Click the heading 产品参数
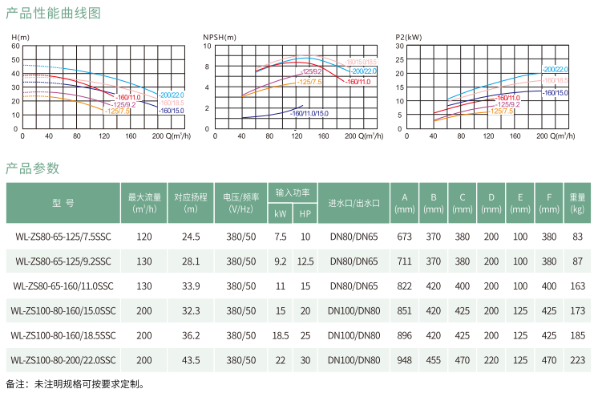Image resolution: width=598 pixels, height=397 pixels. click(x=32, y=168)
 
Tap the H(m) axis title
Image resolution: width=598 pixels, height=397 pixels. click(x=20, y=38)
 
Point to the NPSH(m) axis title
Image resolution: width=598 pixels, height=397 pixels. click(x=220, y=38)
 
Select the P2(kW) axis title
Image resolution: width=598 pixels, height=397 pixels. click(x=409, y=38)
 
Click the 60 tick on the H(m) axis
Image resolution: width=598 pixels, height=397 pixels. click(x=17, y=47)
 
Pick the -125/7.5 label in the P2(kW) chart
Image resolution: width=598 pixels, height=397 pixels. click(x=501, y=111)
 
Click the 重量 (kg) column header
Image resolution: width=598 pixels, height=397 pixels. click(x=577, y=202)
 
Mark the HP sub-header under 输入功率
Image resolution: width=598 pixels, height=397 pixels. click(x=305, y=214)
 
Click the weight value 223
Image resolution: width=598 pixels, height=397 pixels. click(x=577, y=360)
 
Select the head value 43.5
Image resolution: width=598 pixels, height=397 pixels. click(x=191, y=360)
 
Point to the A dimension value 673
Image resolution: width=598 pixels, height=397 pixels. click(x=404, y=237)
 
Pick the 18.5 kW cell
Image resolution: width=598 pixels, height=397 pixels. click(x=280, y=335)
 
